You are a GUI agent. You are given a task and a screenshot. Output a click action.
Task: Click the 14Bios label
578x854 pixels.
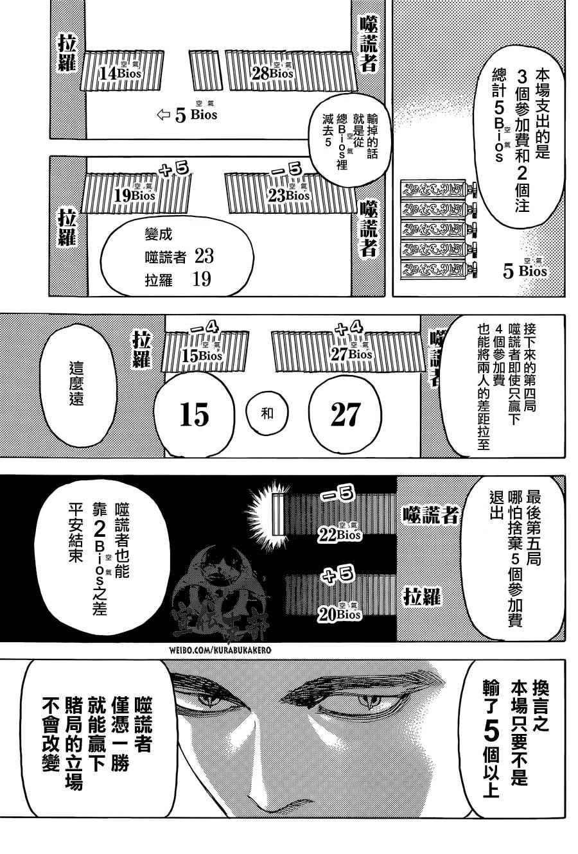point(119,72)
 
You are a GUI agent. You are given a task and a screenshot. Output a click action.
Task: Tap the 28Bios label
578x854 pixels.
point(272,72)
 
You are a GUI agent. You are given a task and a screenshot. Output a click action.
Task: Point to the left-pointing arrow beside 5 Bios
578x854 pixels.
point(164,114)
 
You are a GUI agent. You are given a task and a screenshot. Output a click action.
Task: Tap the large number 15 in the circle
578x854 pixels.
point(194,414)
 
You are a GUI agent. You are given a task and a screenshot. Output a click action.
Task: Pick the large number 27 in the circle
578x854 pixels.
point(345,414)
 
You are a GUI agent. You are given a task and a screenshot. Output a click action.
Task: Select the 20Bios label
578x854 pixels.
point(339,614)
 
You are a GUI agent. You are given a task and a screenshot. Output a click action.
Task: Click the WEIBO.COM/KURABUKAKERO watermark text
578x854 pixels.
point(220,650)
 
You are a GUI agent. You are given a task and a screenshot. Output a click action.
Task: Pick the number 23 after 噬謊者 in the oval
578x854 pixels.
point(204,256)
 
